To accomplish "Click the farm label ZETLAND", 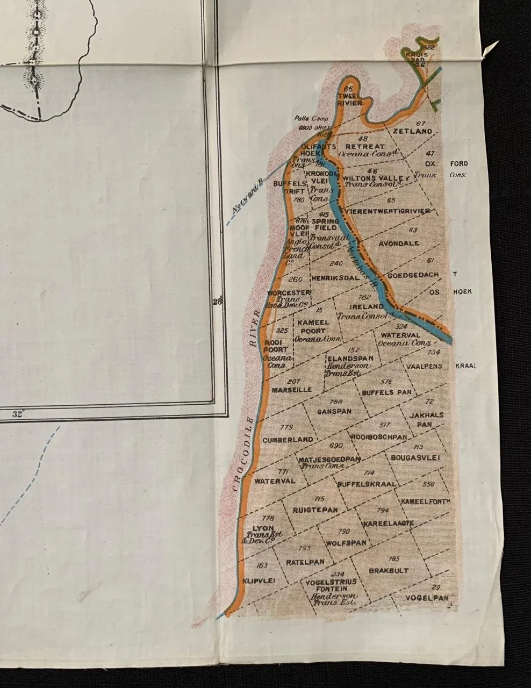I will (412, 131).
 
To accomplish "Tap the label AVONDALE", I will (399, 243).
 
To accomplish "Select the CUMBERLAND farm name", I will (288, 440).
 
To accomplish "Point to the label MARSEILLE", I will (292, 389).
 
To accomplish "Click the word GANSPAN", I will (335, 411).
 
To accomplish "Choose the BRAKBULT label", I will (389, 570).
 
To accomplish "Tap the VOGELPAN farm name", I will (427, 598).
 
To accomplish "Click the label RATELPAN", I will (305, 562).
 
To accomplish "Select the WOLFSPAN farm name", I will (346, 543).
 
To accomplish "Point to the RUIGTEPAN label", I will (315, 510).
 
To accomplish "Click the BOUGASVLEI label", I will (415, 457).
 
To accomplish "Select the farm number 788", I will (335, 402).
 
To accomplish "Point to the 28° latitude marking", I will (217, 302).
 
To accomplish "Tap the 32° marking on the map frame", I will (19, 414).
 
